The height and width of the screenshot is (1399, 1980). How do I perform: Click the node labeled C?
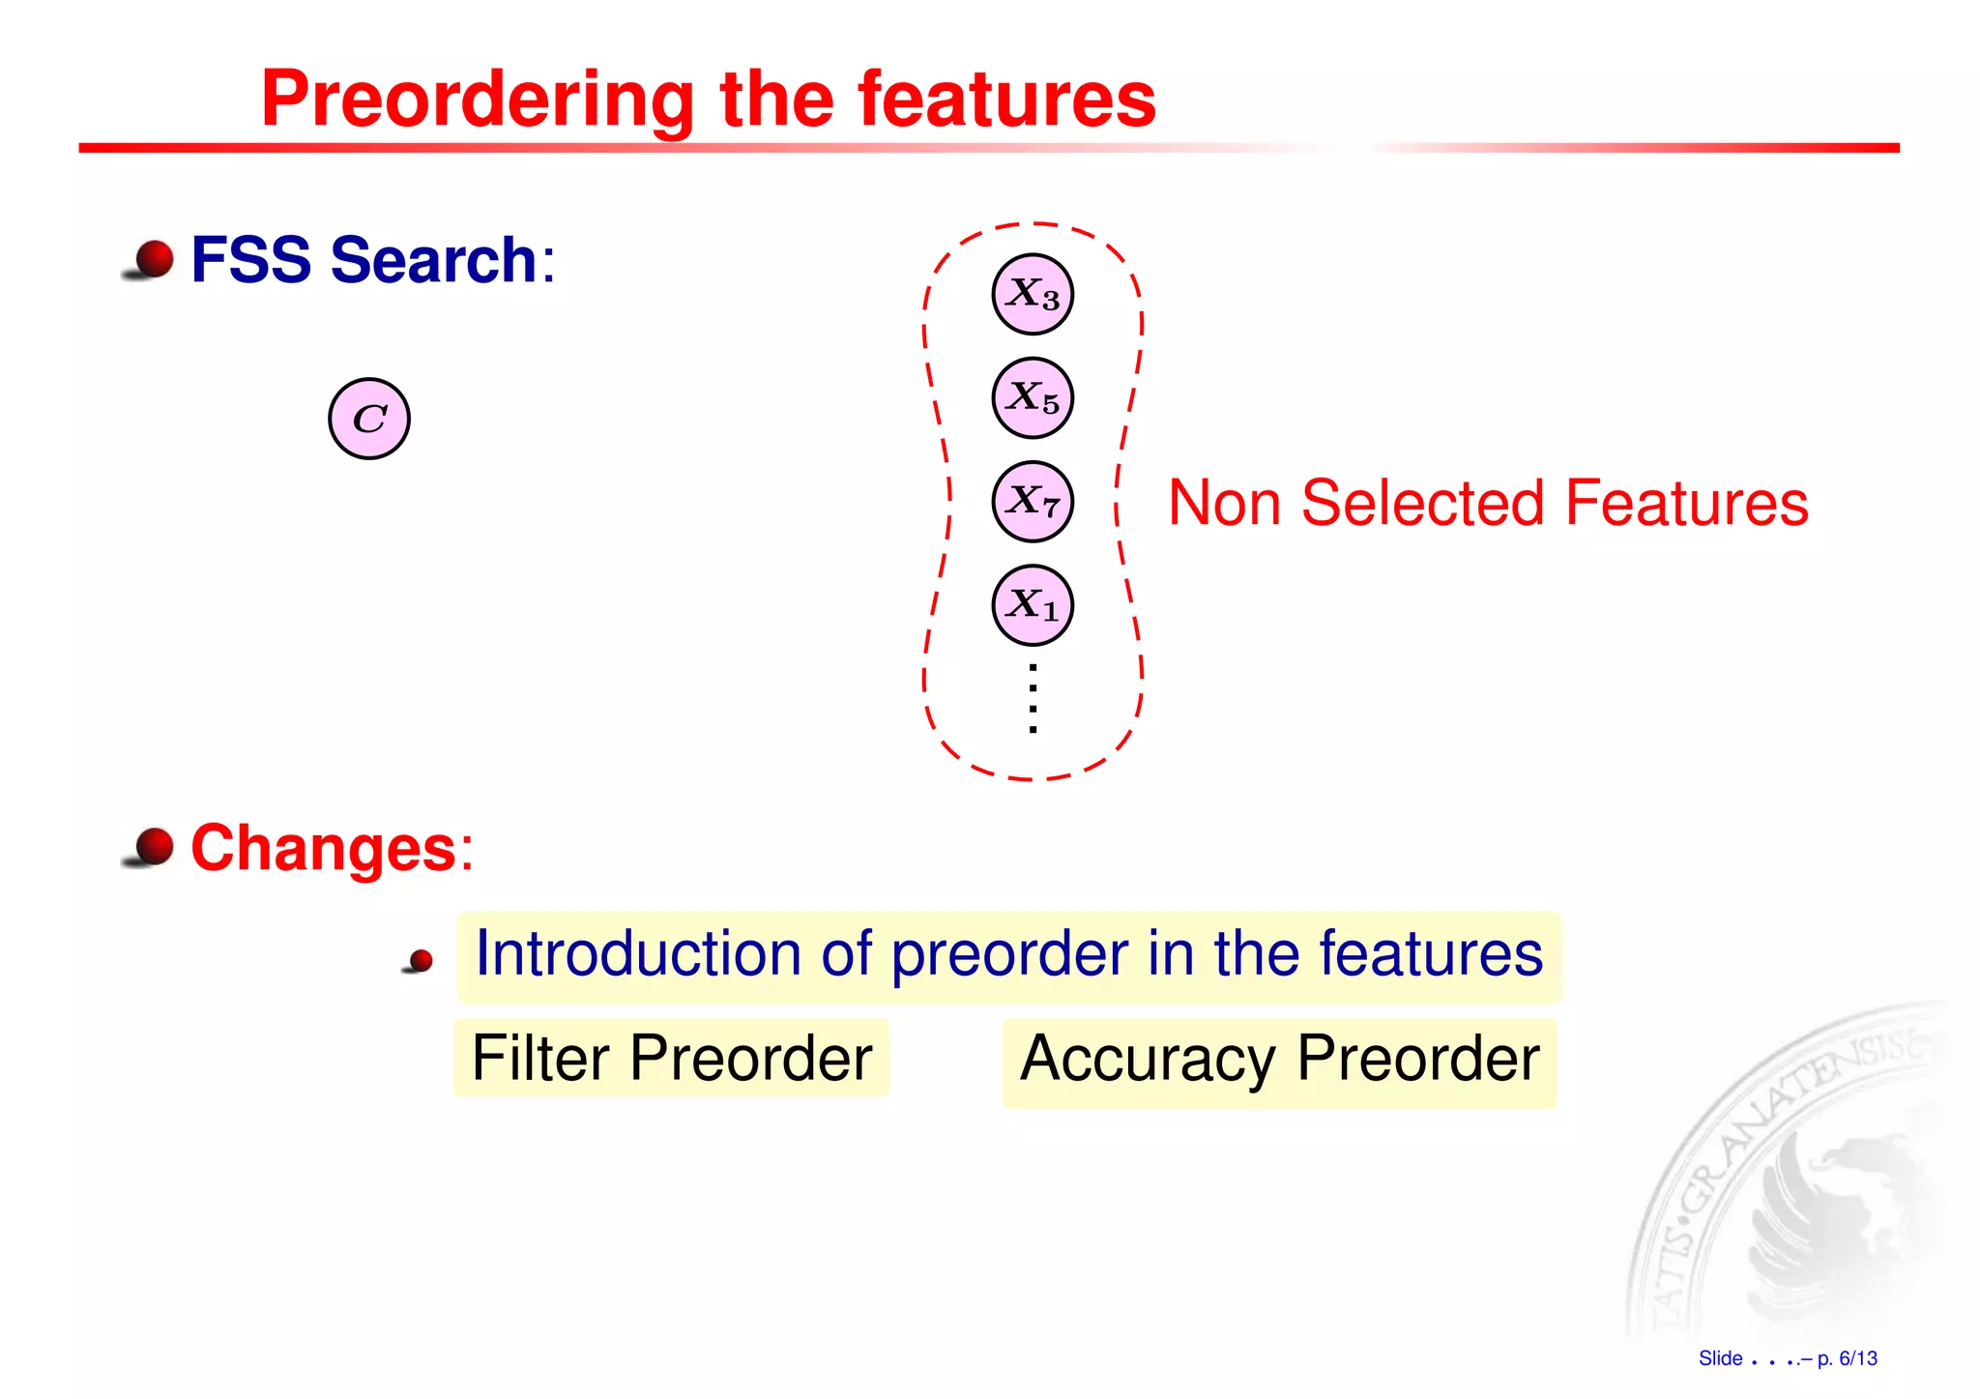[369, 419]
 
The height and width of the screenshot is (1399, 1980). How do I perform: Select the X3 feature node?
[1033, 294]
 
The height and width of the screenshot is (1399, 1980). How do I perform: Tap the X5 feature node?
[1033, 397]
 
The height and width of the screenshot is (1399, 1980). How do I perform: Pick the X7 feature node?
[1033, 502]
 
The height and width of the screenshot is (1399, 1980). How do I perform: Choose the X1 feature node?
[1033, 605]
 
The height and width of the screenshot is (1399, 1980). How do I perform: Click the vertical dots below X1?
[1034, 698]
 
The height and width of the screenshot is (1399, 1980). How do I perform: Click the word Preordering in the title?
[478, 100]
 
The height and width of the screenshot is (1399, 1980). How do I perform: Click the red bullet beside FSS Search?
[153, 259]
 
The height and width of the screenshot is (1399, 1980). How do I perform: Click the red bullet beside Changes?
[153, 847]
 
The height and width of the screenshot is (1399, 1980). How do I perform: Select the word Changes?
[323, 848]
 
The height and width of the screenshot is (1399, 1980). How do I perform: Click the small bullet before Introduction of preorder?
[421, 961]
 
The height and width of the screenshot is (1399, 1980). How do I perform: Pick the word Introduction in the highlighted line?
[639, 954]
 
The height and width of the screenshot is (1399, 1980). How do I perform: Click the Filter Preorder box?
[672, 1058]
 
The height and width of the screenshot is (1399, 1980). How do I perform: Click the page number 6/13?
[1857, 1358]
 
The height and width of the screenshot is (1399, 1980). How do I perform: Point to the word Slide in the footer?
[1720, 1358]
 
